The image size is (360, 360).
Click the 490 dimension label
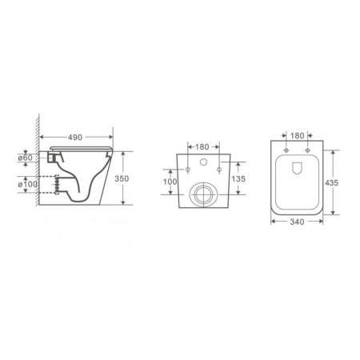tap(75, 138)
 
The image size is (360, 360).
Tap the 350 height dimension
tap(122, 178)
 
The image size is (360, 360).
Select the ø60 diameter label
tap(25, 158)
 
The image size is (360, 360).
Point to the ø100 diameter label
tap(28, 184)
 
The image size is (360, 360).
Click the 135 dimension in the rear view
tap(238, 178)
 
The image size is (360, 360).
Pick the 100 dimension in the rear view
tap(170, 182)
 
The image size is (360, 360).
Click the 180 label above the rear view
tap(202, 147)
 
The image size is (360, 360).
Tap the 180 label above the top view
tap(297, 135)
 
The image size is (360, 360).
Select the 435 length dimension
tap(331, 182)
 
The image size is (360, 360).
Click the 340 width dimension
tap(297, 222)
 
